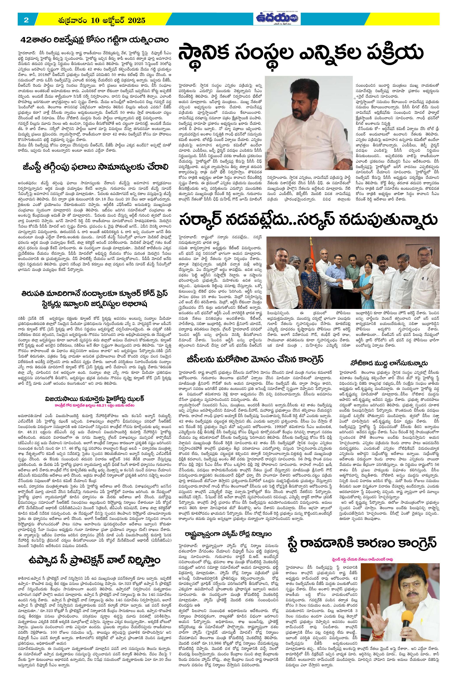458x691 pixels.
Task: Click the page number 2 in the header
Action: [26, 20]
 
